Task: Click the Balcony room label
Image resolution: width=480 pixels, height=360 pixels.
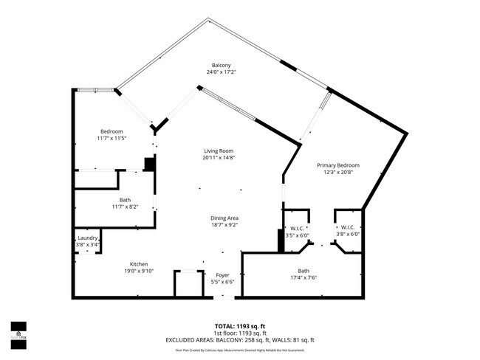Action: [x=222, y=65]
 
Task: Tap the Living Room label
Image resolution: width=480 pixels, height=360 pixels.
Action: [x=222, y=150]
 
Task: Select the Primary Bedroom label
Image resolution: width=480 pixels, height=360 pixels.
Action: [x=338, y=165]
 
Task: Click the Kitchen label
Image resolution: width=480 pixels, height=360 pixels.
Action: [x=139, y=264]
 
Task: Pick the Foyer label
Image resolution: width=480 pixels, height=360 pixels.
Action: [x=222, y=274]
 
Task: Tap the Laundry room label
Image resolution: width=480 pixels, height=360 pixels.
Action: [x=87, y=238]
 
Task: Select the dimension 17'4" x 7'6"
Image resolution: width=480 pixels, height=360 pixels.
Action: [x=304, y=278]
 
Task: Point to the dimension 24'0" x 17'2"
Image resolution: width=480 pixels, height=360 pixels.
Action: [x=222, y=72]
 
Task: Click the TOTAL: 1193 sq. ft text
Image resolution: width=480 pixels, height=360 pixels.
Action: [x=239, y=325]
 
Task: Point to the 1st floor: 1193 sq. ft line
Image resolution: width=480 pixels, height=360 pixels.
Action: [x=239, y=333]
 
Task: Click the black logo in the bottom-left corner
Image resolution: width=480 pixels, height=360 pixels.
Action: [x=18, y=329]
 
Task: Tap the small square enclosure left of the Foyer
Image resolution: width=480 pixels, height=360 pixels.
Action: [x=188, y=283]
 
